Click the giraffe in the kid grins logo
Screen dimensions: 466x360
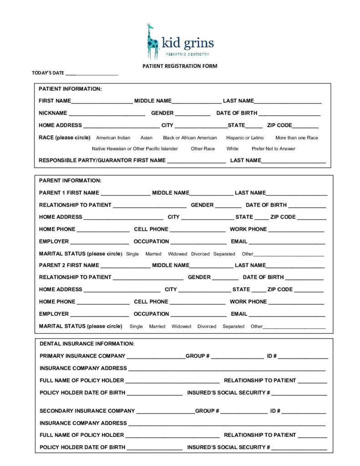click(x=152, y=42)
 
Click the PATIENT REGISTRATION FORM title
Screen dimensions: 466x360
click(x=180, y=66)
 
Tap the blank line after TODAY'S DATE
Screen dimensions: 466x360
click(x=91, y=73)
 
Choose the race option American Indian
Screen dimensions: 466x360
click(x=113, y=138)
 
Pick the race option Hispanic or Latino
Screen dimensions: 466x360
click(x=245, y=138)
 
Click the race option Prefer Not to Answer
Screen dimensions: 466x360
click(x=274, y=149)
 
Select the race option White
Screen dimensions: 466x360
click(x=233, y=149)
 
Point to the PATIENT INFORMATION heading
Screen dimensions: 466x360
click(x=70, y=89)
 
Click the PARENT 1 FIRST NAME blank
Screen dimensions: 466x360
click(x=125, y=193)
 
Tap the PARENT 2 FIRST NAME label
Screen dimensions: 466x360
click(x=69, y=265)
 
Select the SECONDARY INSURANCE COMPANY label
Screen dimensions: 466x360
click(x=87, y=411)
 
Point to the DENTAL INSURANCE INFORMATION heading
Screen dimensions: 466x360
click(x=87, y=344)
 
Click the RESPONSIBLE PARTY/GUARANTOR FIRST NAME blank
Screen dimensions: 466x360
click(x=196, y=161)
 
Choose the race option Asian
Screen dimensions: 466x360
click(x=147, y=138)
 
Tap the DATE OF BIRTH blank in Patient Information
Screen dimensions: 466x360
click(x=289, y=114)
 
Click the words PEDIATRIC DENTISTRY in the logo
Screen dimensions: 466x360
click(x=187, y=54)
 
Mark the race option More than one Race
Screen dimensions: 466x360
click(x=297, y=138)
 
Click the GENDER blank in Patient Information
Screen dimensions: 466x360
click(x=193, y=114)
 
